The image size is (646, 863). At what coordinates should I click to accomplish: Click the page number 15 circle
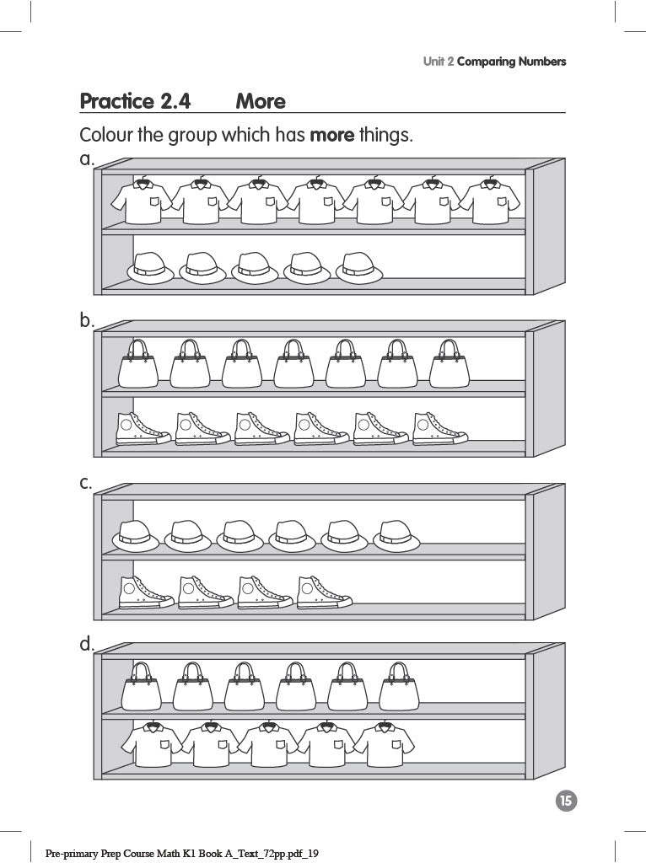click(x=566, y=801)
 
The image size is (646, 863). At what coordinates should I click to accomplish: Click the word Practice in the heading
click(x=116, y=102)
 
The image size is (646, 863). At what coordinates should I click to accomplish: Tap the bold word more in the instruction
click(x=332, y=135)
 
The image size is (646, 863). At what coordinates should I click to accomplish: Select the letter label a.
click(x=86, y=158)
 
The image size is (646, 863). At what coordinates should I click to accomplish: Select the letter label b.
click(x=86, y=320)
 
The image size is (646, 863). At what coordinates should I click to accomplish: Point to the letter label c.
click(x=85, y=483)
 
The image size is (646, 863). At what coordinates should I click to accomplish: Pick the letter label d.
click(x=86, y=644)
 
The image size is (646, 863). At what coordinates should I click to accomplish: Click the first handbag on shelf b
click(x=137, y=364)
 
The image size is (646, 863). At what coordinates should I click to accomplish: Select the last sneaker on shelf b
click(x=439, y=429)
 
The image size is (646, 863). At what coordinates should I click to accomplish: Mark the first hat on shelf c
click(x=136, y=536)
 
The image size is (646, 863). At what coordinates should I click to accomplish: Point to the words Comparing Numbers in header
click(x=511, y=62)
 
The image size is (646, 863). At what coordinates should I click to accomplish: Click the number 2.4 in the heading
click(x=175, y=102)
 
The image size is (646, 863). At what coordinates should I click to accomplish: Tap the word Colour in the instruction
click(x=105, y=135)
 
